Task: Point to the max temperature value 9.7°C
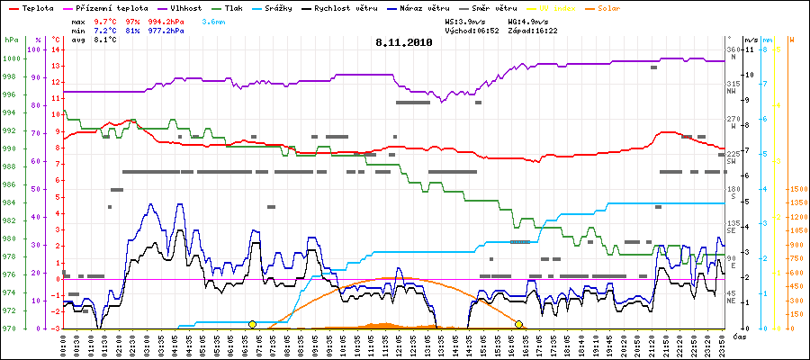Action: (106, 20)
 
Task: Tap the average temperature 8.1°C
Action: (106, 40)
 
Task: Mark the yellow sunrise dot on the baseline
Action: (252, 324)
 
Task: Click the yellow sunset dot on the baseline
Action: (518, 324)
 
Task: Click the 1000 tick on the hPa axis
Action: (11, 58)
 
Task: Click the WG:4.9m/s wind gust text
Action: (527, 20)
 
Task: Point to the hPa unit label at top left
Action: (11, 40)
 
